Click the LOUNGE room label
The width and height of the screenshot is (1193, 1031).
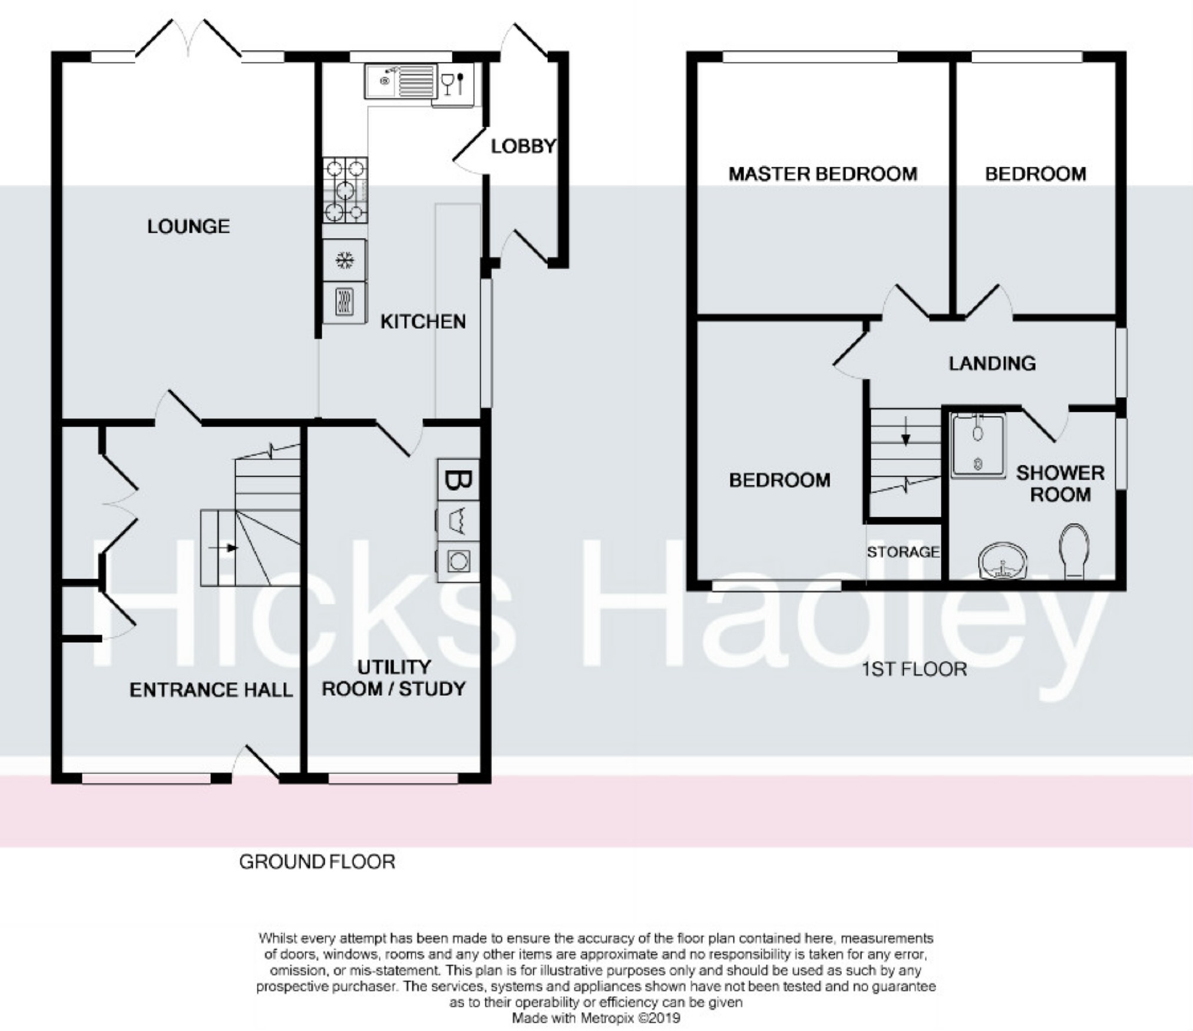[189, 226]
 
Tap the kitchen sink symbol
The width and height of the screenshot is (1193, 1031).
[400, 81]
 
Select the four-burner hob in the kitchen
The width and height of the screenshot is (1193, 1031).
[345, 190]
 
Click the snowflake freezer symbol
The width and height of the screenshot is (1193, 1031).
[345, 260]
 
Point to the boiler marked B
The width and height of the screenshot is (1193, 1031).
[457, 480]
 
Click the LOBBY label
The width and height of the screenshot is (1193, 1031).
[524, 146]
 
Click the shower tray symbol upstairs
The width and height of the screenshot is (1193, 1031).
[978, 445]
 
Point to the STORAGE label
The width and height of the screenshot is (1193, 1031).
[903, 552]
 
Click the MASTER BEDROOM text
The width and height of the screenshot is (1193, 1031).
[823, 174]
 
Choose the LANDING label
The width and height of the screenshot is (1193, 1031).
[992, 364]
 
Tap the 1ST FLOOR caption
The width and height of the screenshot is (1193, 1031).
[914, 669]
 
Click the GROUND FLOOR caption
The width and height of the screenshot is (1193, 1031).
[317, 862]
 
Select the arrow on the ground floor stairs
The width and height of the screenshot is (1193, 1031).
[223, 548]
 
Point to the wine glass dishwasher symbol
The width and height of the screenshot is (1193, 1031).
[453, 83]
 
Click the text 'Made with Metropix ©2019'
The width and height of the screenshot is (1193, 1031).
[596, 1018]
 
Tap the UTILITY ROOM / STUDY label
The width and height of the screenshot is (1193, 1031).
[394, 678]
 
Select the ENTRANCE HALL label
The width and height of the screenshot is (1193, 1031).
[211, 690]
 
